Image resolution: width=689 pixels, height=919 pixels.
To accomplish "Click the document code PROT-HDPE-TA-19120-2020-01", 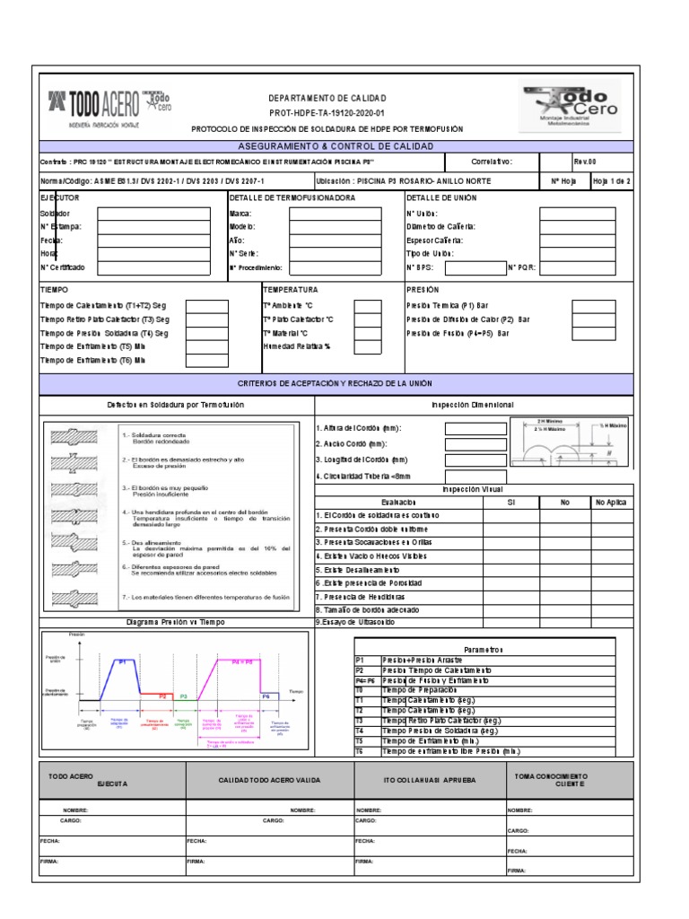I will [x=327, y=113].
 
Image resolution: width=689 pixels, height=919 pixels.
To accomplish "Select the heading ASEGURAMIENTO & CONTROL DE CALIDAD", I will [x=336, y=145].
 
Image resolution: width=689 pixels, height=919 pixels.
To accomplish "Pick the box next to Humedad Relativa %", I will [x=368, y=346].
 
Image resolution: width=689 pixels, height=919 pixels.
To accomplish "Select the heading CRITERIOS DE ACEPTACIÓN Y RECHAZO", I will [x=336, y=383].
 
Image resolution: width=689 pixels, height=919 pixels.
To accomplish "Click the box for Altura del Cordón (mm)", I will [x=475, y=428].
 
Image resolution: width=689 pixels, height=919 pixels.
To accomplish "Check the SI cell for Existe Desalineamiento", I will [x=510, y=569].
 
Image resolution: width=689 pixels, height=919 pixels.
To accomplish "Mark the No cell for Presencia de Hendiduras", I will [x=565, y=596].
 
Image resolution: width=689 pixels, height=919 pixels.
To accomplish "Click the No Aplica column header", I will [x=612, y=503].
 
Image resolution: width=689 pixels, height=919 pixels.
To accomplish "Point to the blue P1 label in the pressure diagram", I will [x=122, y=661].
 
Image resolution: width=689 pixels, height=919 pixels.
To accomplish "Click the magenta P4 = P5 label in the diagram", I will [x=242, y=661].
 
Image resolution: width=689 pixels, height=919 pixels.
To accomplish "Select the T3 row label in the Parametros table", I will [x=361, y=721].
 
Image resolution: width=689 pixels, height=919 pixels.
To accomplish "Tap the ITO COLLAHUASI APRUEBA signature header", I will [x=428, y=780].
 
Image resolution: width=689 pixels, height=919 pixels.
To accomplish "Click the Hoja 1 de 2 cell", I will [x=611, y=180].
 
